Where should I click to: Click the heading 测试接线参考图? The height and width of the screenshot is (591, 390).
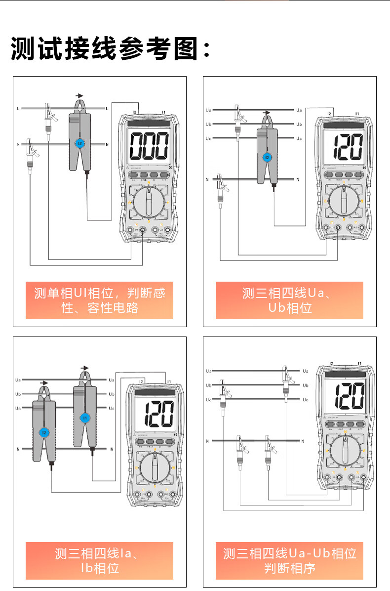[111, 49]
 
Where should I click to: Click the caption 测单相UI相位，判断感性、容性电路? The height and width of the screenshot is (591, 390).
[100, 300]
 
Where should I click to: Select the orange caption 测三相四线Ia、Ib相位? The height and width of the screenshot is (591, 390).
[100, 560]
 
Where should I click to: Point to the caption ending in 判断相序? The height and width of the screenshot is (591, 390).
[289, 560]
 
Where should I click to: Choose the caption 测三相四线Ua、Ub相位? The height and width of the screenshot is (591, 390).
[289, 300]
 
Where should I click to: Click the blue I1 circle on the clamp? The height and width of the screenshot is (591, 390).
[84, 418]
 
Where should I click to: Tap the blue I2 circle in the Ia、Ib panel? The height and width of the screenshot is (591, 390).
[44, 433]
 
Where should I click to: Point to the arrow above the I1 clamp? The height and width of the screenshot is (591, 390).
[85, 368]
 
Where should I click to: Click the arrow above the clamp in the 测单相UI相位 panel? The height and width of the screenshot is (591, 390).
[79, 95]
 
